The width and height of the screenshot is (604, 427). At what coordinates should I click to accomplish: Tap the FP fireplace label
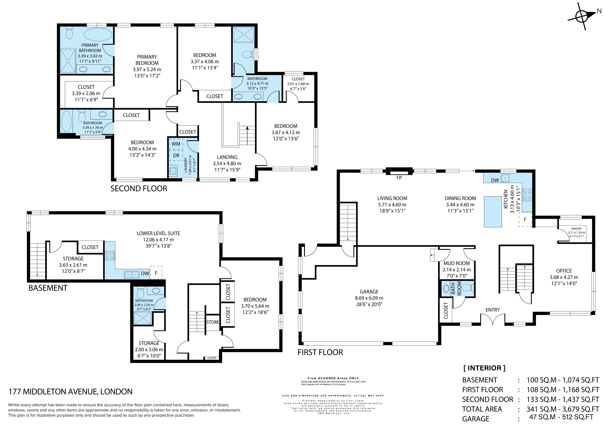pos(399,178)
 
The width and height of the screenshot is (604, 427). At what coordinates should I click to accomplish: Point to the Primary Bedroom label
pos(147,60)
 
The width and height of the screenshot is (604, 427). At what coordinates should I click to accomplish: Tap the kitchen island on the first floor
pos(493,212)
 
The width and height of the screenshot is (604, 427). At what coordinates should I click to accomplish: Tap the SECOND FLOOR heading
pos(139,189)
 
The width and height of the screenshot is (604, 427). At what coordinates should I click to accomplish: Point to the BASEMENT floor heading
pos(48,288)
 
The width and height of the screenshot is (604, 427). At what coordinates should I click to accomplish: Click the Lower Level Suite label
pos(158,233)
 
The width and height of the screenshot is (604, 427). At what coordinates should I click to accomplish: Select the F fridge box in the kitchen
pos(525,219)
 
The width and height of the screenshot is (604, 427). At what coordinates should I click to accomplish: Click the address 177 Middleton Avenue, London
pos(70,392)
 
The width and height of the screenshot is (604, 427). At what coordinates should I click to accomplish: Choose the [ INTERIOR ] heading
pos(484,368)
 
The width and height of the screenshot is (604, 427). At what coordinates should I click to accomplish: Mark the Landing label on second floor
pos(227,157)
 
